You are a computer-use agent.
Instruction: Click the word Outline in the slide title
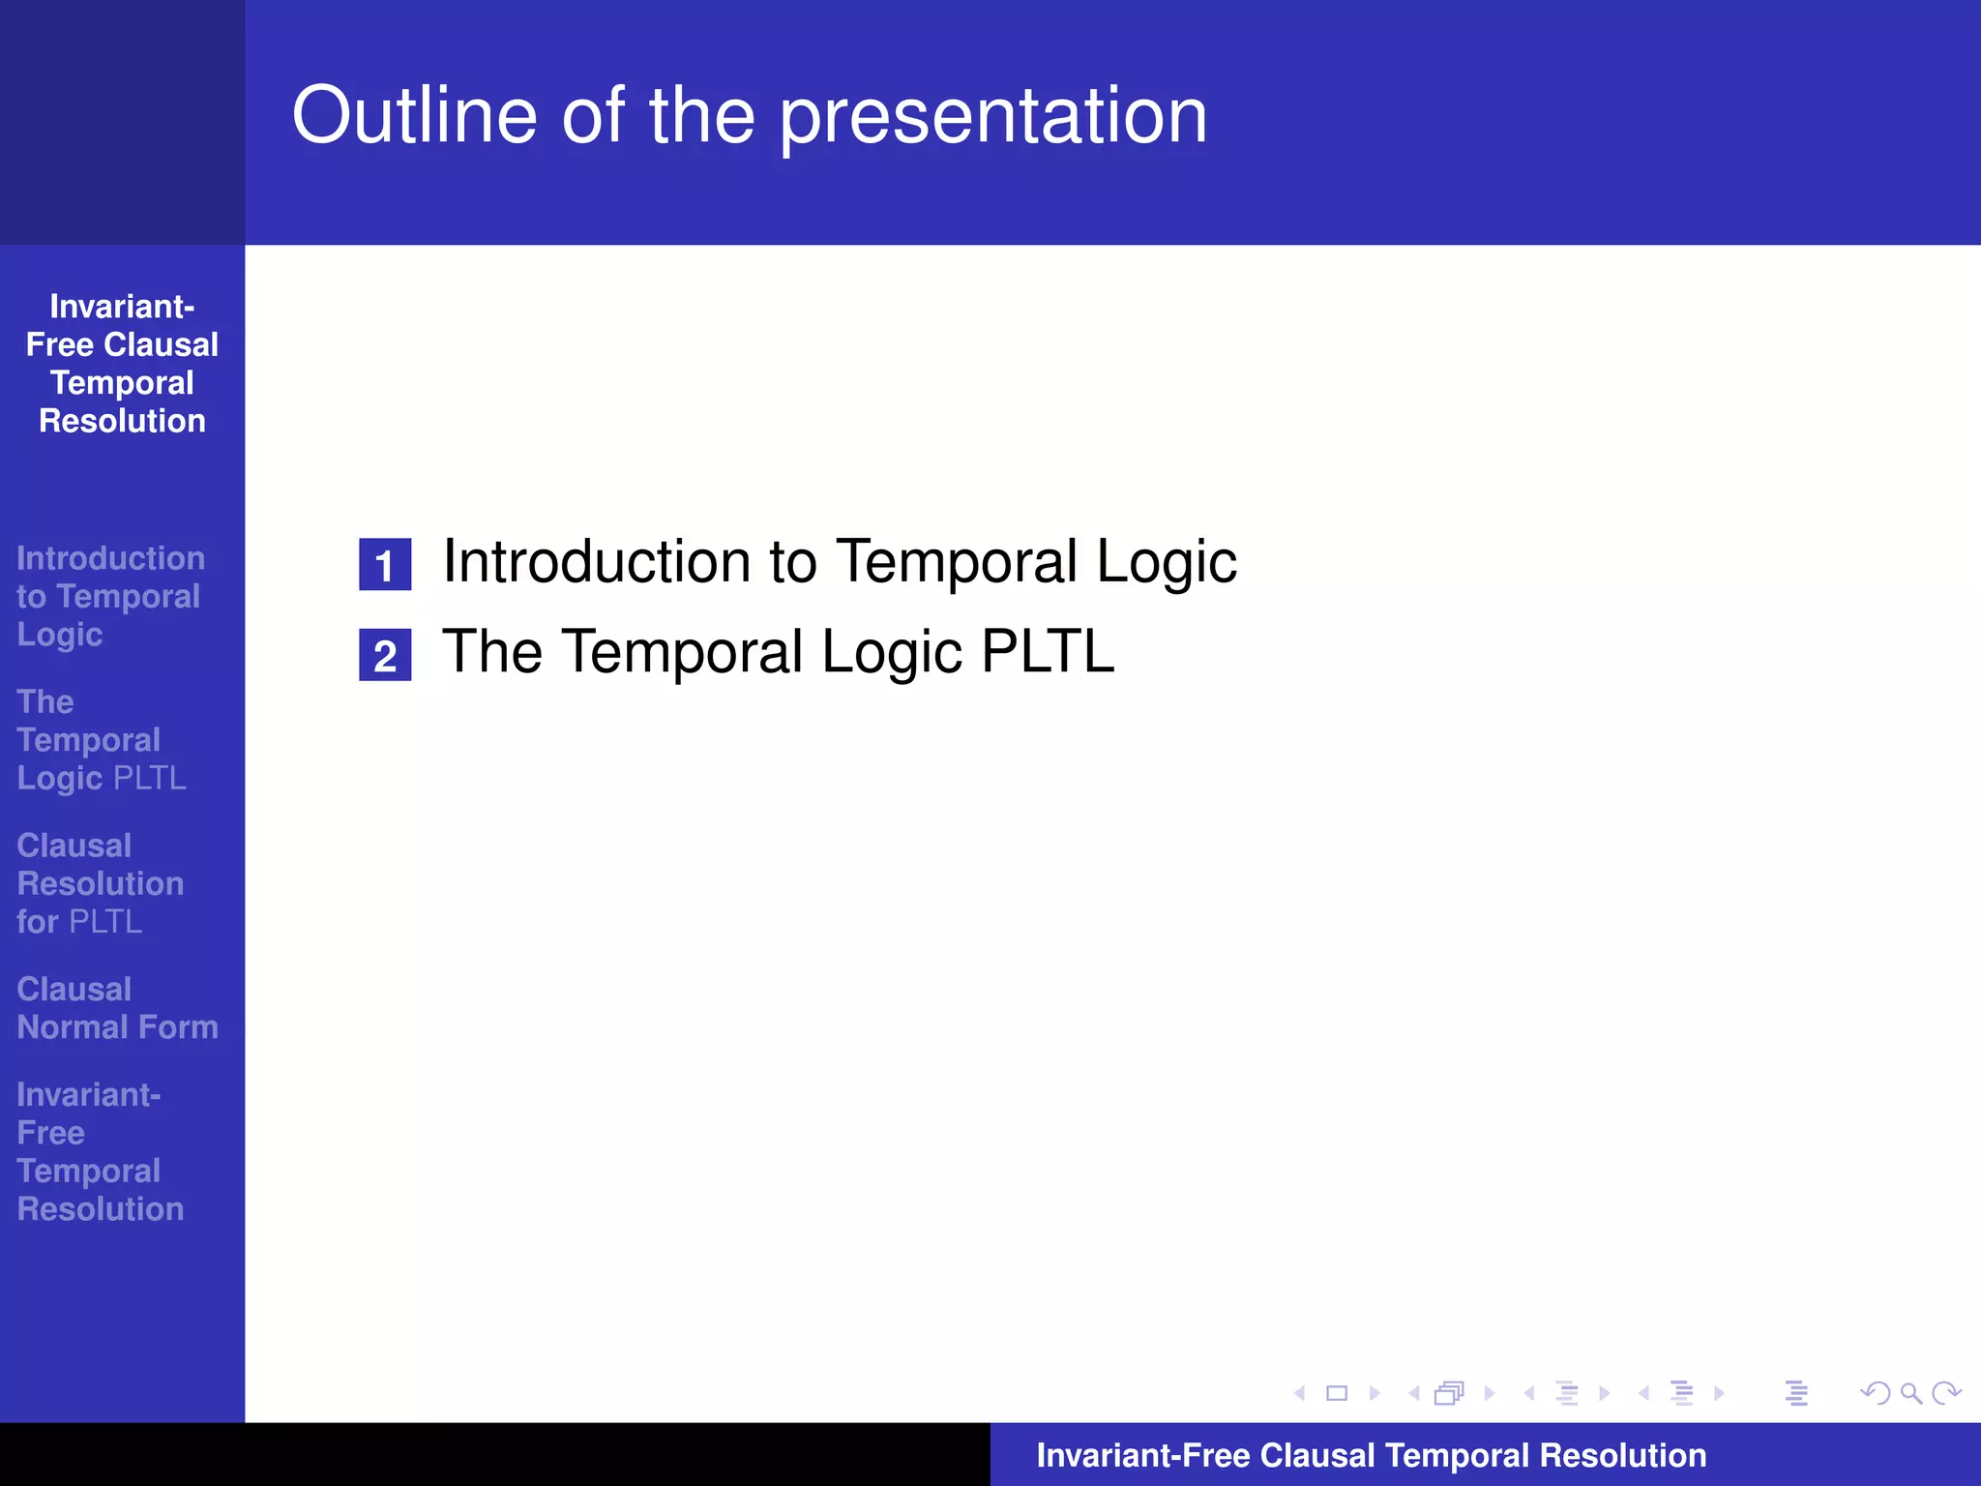(414, 116)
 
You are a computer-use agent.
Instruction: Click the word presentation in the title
(993, 116)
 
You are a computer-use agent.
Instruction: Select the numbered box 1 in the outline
(385, 565)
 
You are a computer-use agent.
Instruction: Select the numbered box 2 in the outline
(385, 655)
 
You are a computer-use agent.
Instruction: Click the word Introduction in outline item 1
(596, 561)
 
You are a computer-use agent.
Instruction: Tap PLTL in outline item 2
(1047, 651)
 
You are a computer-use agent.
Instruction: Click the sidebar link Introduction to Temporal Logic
(109, 596)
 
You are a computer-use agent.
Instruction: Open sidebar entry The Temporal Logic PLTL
(101, 740)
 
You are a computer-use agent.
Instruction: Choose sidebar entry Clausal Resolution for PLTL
(100, 883)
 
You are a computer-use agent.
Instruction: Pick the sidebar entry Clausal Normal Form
(117, 1008)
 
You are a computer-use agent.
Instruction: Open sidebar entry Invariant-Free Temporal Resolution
(100, 1151)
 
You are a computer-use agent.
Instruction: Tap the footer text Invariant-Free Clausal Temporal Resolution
(1371, 1455)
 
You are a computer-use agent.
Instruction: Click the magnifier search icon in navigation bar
(1910, 1393)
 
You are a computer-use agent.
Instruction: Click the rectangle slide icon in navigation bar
(1337, 1393)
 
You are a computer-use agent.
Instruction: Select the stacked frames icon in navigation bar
(1449, 1393)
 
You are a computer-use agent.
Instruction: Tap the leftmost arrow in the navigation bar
(1299, 1393)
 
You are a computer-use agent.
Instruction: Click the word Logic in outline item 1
(1166, 561)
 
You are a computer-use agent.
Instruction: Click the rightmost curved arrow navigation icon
(1945, 1393)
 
